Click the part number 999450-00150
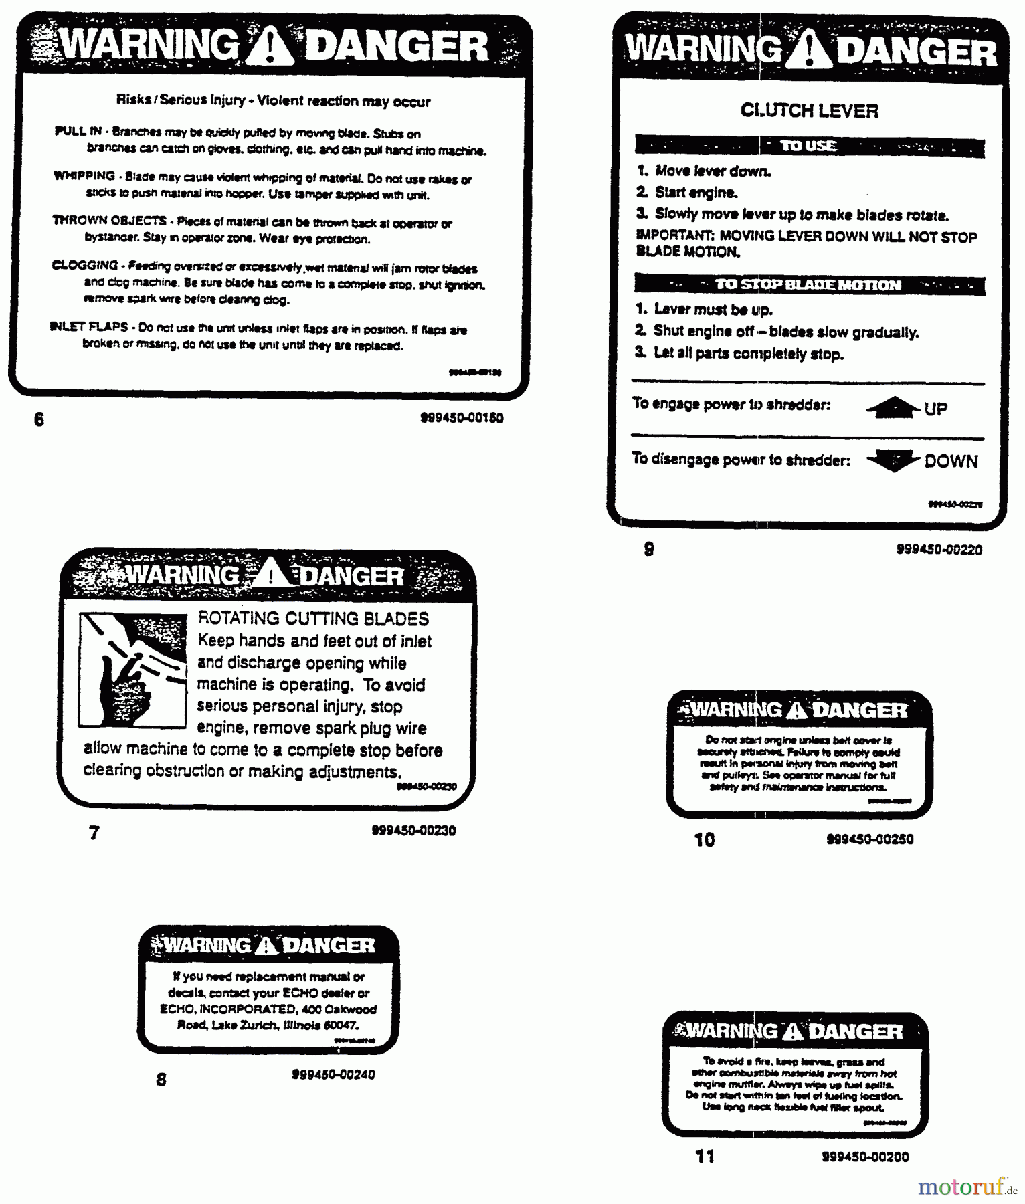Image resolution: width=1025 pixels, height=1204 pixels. pos(462,418)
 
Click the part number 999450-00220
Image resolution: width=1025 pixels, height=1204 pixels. pos(939,550)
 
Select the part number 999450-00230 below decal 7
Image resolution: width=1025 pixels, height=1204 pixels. pos(413,831)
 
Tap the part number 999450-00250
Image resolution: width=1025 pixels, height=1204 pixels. pos(870,839)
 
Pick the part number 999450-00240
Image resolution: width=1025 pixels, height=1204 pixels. pos(333,1074)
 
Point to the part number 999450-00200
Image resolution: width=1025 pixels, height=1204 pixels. pos(865,1157)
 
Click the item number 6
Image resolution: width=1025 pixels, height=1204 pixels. pos(39,419)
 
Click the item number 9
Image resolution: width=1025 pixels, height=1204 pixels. pos(649,549)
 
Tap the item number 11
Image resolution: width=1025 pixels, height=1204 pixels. pos(705,1157)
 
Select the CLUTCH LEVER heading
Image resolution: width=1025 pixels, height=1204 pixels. pos(809,110)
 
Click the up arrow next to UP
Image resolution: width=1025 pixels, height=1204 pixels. pos(893,407)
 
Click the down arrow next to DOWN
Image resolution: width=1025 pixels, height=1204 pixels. pos(893,461)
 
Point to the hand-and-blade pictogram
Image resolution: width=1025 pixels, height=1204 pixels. pos(132,670)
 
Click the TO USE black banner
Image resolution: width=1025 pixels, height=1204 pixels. pos(809,146)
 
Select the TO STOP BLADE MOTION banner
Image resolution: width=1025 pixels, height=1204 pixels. pos(809,285)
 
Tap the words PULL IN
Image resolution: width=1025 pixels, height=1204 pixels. pos(78,131)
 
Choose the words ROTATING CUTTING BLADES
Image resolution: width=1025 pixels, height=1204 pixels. pos(313,619)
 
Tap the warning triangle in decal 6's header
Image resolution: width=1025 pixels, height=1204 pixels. pos(269,48)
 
